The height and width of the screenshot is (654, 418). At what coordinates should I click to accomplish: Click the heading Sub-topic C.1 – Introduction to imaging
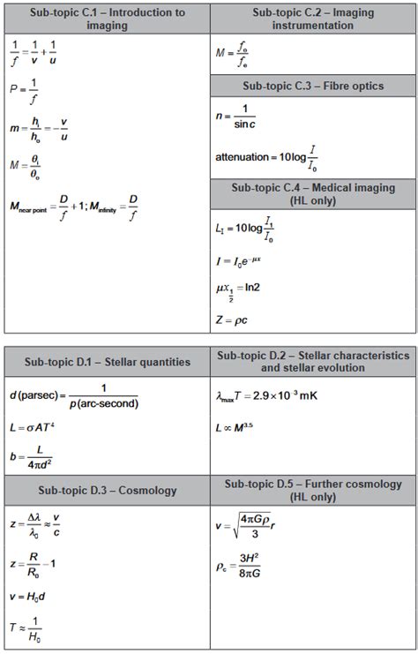point(107,19)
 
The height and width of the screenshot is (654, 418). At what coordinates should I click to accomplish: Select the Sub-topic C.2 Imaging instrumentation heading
point(313,19)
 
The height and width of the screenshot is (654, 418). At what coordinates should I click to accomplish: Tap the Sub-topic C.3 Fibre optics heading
point(313,85)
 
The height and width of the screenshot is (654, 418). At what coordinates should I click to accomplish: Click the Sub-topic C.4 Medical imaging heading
point(313,194)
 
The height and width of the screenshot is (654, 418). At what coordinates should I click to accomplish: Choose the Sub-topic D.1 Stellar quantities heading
point(107,361)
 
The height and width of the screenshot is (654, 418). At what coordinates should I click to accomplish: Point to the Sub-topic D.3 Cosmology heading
point(107,490)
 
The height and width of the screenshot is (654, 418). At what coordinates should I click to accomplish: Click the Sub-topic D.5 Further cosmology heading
point(313,490)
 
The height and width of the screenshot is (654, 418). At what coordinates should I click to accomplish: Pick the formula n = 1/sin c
point(236,116)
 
